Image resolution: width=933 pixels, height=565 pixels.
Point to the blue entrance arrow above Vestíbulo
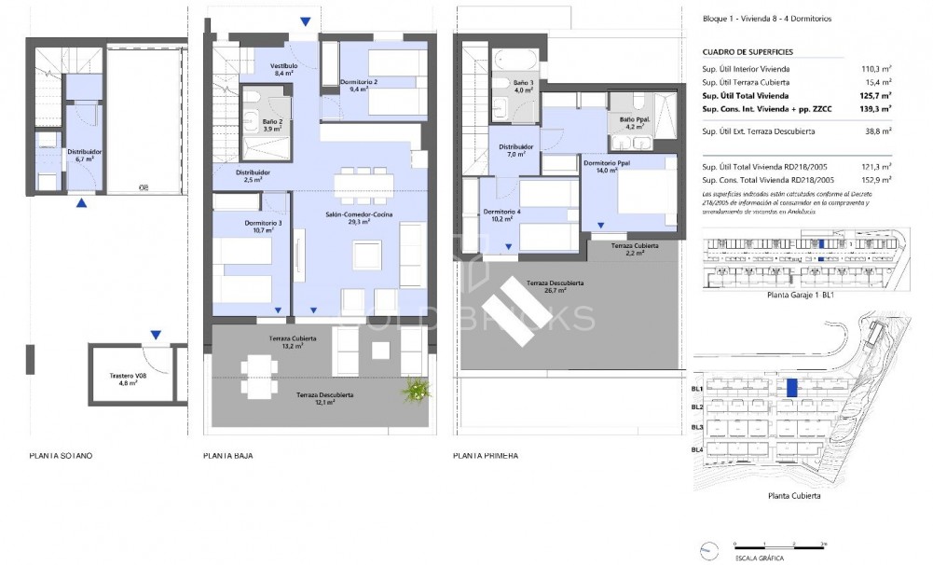[306, 22]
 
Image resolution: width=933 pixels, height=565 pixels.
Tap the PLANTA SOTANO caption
[61, 457]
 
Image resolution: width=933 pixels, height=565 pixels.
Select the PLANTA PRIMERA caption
[485, 457]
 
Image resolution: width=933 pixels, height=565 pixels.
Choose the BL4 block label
[697, 450]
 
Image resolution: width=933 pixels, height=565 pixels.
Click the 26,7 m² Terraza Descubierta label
[555, 285]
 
